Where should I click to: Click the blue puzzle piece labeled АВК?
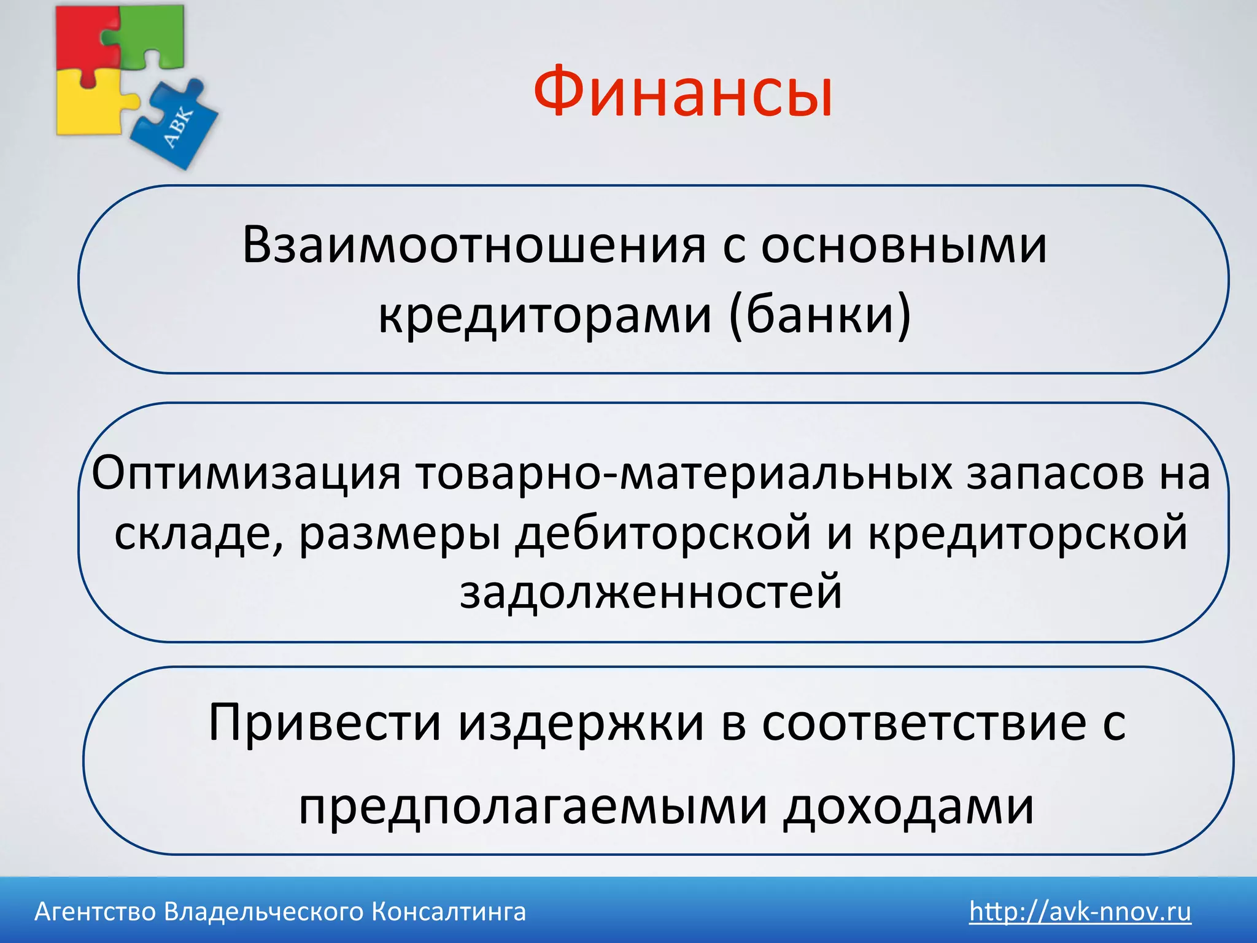point(178,126)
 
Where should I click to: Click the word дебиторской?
point(663,533)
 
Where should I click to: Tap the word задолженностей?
point(651,592)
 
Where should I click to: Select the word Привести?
point(325,723)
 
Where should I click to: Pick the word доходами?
point(908,807)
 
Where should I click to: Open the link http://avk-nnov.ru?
point(1080,912)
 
